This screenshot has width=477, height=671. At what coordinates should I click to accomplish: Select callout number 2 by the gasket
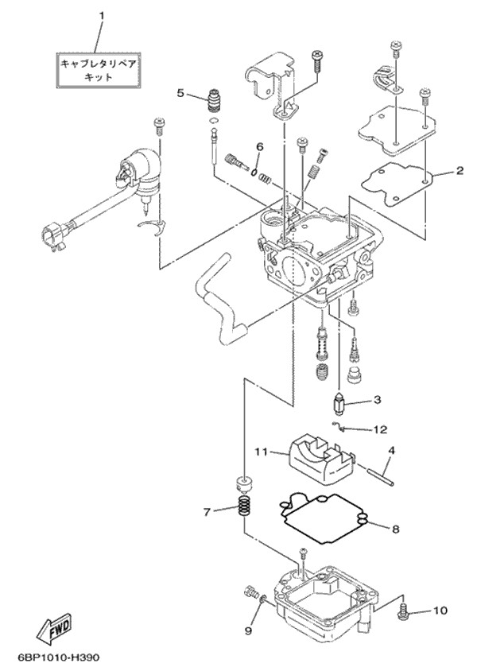tap(460, 169)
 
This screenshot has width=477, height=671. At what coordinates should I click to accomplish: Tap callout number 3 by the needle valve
tap(377, 400)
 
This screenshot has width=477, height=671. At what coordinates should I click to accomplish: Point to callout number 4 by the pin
tap(391, 450)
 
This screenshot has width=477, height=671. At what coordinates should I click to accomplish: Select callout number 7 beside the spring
tap(208, 511)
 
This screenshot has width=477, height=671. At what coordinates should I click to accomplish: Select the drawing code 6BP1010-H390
tap(58, 658)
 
